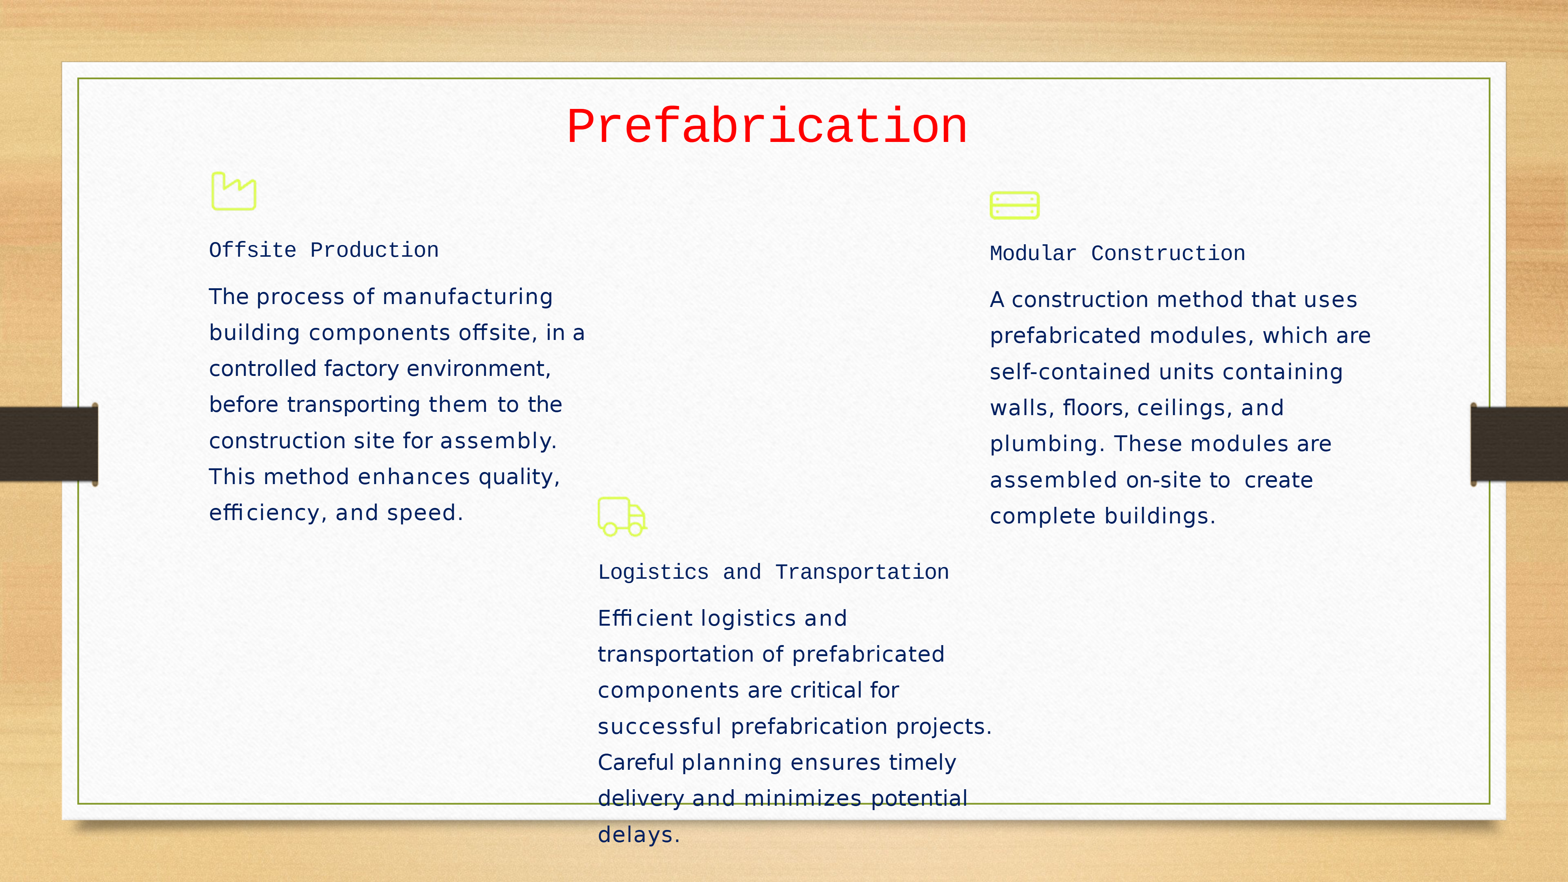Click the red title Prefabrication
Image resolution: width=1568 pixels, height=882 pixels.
[x=767, y=126]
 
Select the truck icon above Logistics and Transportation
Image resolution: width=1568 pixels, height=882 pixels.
[x=622, y=517]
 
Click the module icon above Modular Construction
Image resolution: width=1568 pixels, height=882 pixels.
[x=1014, y=205]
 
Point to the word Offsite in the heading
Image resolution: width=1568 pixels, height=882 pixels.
[x=253, y=250]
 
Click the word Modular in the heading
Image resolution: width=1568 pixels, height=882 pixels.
[x=1033, y=253]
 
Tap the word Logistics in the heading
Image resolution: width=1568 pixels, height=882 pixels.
[x=653, y=572]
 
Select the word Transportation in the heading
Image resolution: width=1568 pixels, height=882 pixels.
[x=862, y=572]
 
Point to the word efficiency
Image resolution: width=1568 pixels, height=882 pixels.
[x=264, y=513]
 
